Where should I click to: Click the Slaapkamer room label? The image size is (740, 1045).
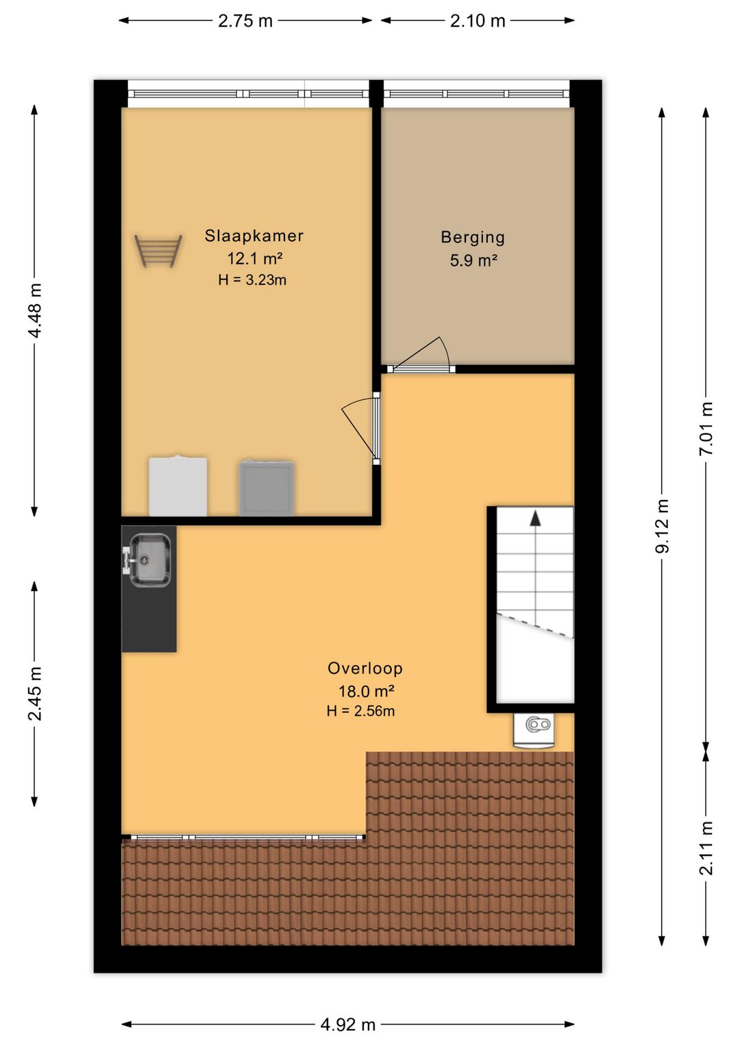click(254, 236)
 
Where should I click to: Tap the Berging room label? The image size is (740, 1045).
click(473, 238)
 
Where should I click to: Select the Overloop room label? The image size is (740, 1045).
click(365, 668)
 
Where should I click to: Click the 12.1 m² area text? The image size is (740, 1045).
click(254, 258)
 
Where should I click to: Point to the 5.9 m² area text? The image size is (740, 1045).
click(473, 260)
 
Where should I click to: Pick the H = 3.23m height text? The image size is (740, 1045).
click(252, 280)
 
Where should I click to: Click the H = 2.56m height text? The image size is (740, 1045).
click(361, 711)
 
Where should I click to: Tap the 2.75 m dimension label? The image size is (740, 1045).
click(245, 21)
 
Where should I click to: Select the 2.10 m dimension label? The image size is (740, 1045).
click(478, 21)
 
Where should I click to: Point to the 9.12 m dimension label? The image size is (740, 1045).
click(663, 526)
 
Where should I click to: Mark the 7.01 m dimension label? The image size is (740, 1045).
click(706, 429)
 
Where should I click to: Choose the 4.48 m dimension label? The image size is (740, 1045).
click(35, 310)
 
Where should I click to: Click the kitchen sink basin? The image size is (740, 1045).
click(150, 560)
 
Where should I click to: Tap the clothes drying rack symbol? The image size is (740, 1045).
click(158, 251)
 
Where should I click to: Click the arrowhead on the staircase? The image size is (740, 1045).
click(535, 518)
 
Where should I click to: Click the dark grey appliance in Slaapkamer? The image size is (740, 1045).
click(267, 488)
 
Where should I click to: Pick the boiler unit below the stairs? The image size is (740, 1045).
click(534, 730)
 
